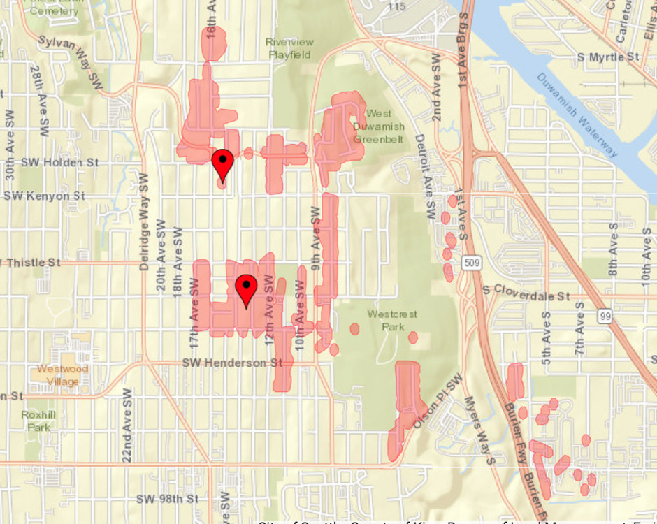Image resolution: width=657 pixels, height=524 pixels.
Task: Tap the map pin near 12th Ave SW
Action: pyautogui.click(x=246, y=290)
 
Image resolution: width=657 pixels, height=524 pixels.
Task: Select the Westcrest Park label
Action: pyautogui.click(x=392, y=320)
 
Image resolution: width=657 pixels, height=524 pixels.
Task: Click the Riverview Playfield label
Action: pyautogui.click(x=289, y=48)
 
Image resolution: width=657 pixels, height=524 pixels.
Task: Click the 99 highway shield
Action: pyautogui.click(x=605, y=316)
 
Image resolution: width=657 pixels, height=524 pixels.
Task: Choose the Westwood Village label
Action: pyautogui.click(x=62, y=375)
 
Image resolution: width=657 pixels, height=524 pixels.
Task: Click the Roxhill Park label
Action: pyautogui.click(x=36, y=420)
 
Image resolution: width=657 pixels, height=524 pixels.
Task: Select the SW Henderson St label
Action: pyautogui.click(x=232, y=363)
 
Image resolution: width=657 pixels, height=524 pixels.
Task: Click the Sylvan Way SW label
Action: pyautogui.click(x=70, y=61)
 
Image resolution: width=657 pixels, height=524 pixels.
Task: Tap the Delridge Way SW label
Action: pyautogui.click(x=144, y=221)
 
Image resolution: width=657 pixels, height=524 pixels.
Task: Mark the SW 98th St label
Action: pyautogui.click(x=168, y=499)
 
